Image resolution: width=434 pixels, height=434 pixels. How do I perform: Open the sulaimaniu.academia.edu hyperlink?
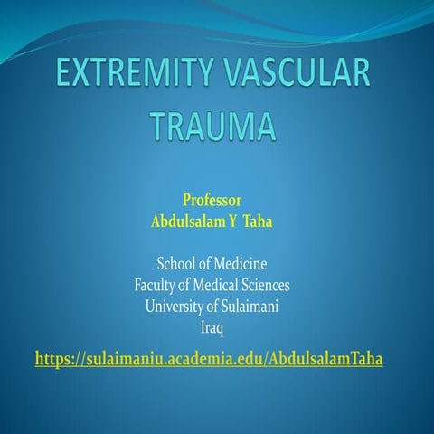[x=209, y=359]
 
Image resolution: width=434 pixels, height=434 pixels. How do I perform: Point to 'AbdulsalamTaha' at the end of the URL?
[x=329, y=359]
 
